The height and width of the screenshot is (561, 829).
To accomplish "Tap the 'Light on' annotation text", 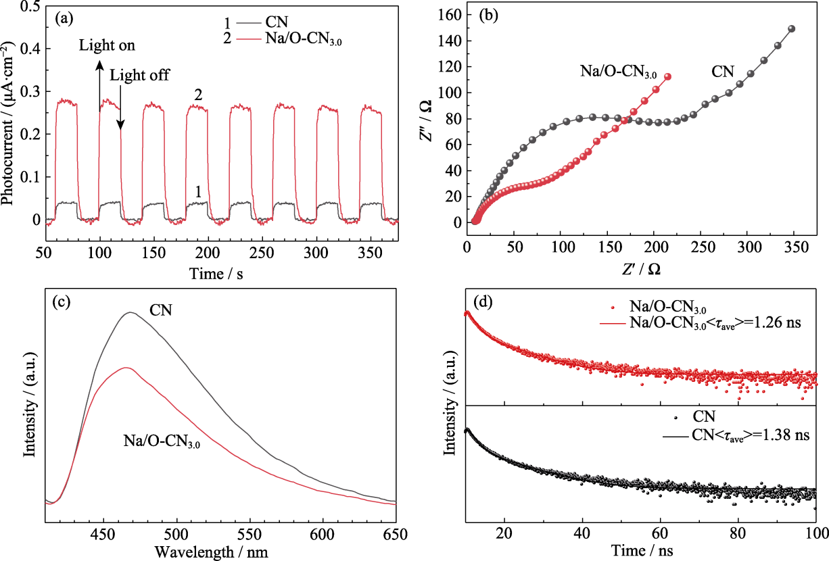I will tap(107, 46).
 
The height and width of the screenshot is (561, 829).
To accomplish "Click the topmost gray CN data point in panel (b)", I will tap(792, 28).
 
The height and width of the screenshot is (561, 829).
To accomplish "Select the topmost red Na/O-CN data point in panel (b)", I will tap(667, 76).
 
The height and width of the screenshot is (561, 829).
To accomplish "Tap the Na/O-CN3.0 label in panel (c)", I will tap(162, 441).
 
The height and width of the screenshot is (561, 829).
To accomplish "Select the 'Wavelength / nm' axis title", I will tap(211, 550).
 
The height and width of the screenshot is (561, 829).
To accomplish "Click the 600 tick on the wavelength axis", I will tap(322, 532).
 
